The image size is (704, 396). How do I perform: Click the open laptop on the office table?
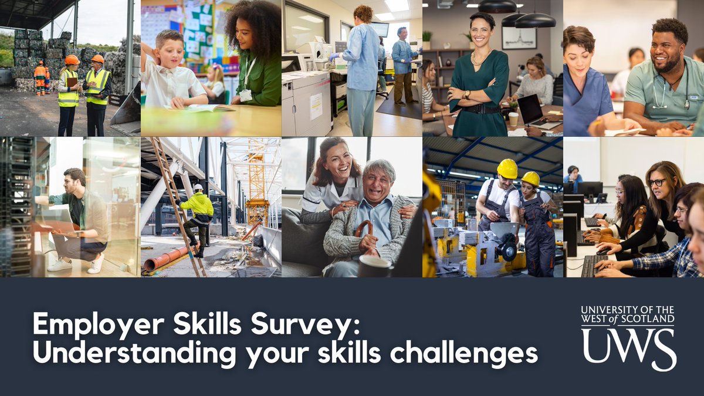pos(532,111)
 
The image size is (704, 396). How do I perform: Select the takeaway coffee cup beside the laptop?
pos(513,119)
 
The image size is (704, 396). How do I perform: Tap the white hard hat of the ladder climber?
pos(198,188)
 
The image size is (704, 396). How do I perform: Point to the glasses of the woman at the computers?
pos(657,182)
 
